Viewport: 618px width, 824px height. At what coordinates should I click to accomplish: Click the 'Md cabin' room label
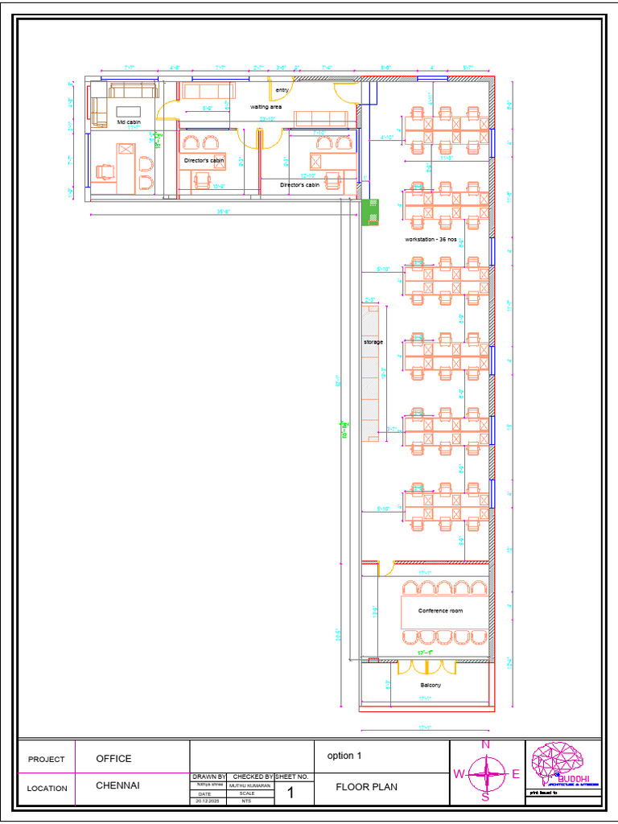129,122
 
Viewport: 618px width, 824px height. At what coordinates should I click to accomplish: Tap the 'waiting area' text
266,106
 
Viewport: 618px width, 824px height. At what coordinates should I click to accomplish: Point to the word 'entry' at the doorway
282,90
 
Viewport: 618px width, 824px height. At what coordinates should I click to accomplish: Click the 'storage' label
373,342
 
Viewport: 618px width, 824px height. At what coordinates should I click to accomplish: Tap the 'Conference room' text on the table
440,611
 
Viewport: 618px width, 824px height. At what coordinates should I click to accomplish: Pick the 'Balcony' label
431,685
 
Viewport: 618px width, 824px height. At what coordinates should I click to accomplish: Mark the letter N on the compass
485,744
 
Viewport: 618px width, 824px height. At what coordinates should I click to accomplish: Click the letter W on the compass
459,773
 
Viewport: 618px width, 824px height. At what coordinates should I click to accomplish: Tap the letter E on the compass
516,773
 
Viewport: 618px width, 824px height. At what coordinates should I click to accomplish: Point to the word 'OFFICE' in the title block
113,758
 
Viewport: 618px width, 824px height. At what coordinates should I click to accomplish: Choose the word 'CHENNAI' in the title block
117,786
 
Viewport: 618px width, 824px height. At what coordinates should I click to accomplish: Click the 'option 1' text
345,756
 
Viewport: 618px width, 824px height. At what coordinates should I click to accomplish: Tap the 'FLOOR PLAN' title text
366,787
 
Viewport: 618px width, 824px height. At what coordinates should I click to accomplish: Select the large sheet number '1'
290,793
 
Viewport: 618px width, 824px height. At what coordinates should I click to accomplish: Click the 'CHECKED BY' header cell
253,777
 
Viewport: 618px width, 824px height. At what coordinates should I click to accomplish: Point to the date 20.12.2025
208,801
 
